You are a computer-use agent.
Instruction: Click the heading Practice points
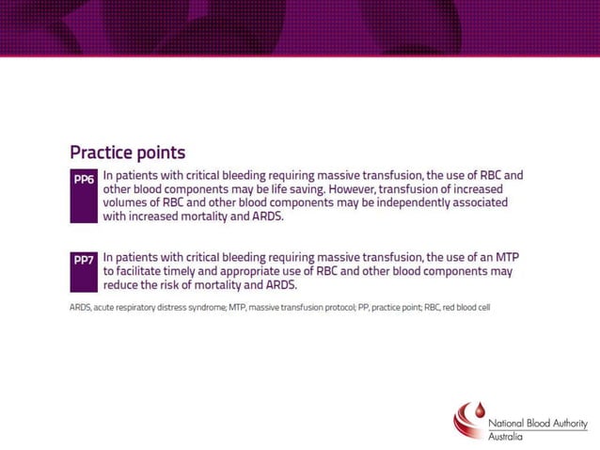pos(127,153)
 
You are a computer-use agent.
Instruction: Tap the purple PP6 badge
pos(84,178)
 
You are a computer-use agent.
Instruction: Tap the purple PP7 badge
pos(84,259)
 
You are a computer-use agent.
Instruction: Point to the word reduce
pos(123,284)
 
